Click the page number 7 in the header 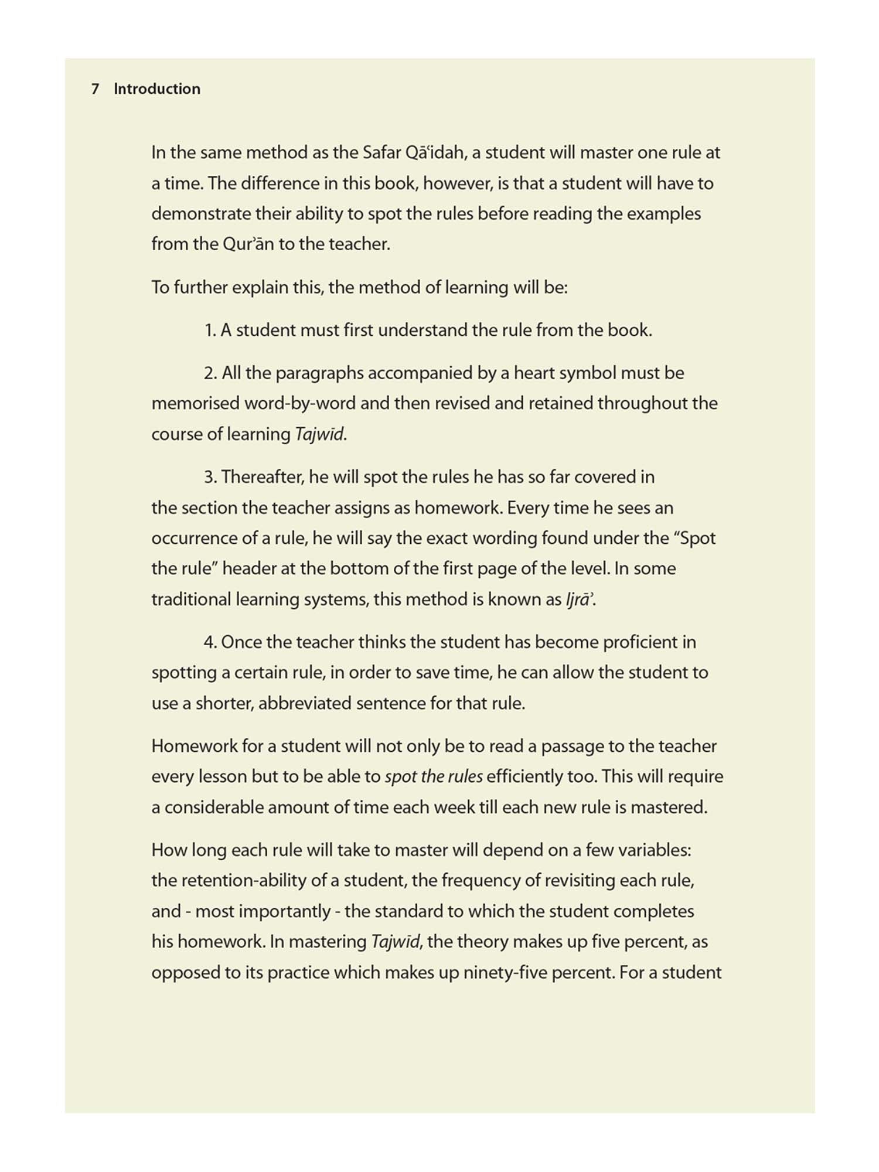pyautogui.click(x=94, y=89)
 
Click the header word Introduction pyautogui.click(x=157, y=89)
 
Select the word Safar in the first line pyautogui.click(x=381, y=153)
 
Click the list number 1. pyautogui.click(x=210, y=331)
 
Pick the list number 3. pyautogui.click(x=210, y=477)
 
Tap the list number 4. pyautogui.click(x=210, y=642)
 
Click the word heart pyautogui.click(x=533, y=373)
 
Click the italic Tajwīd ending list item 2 pyautogui.click(x=319, y=434)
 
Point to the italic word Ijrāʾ pyautogui.click(x=579, y=599)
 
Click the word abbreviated pyautogui.click(x=304, y=703)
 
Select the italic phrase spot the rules pyautogui.click(x=434, y=776)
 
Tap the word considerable pyautogui.click(x=211, y=808)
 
